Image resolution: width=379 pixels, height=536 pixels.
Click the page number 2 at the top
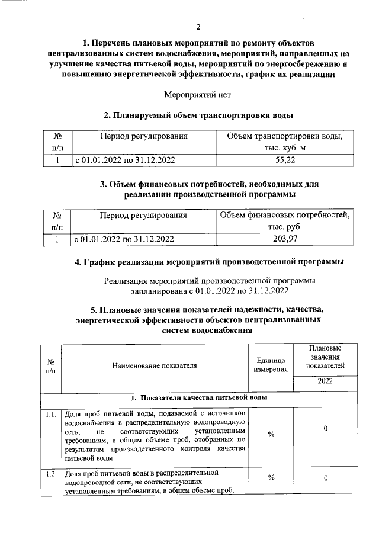point(199,27)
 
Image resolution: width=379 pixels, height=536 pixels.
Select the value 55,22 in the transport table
point(285,160)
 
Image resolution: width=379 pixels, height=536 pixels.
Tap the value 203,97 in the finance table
point(285,239)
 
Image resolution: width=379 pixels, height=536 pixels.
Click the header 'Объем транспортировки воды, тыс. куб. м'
point(285,142)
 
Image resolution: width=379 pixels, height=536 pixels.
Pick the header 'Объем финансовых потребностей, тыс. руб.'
point(285,222)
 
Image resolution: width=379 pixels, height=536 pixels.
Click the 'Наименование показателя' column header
point(154,365)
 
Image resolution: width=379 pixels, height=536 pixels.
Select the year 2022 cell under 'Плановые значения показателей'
point(325,381)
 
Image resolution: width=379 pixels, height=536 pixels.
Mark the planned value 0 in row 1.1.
point(326,428)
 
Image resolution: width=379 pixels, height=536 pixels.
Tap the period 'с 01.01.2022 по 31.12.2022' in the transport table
point(124,160)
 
